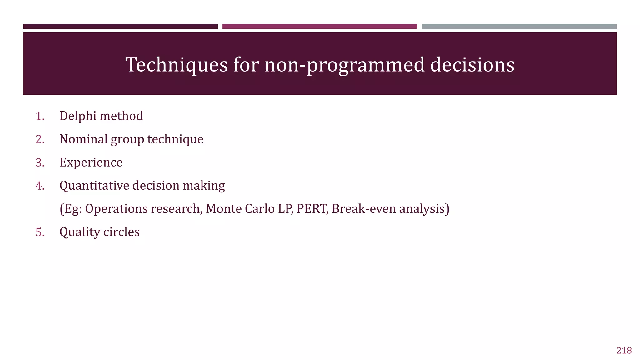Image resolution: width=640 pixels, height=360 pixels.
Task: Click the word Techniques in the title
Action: tap(177, 65)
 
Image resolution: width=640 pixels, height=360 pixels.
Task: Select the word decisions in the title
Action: tap(472, 65)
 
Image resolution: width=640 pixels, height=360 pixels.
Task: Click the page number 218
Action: tap(624, 351)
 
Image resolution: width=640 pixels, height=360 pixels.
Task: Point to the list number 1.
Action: tap(40, 116)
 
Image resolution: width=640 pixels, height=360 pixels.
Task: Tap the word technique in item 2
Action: tap(175, 139)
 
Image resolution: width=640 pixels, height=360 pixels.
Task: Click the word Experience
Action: tap(91, 162)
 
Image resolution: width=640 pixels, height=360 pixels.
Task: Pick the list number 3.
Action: tap(40, 162)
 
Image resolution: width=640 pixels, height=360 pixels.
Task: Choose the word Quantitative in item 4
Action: tap(94, 186)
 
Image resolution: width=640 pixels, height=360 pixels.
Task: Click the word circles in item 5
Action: tap(122, 232)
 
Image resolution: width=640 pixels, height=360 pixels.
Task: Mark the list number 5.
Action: tap(40, 232)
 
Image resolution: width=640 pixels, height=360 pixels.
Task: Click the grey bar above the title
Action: tap(519, 27)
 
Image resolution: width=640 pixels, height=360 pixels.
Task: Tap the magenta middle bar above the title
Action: tap(319, 27)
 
